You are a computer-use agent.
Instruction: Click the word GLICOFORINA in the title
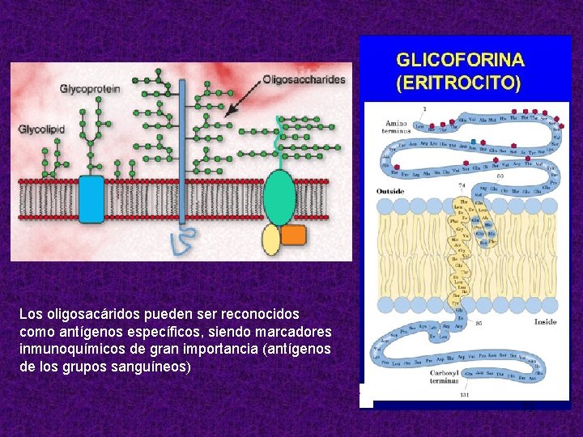click(459, 60)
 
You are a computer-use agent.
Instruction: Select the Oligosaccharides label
click(304, 79)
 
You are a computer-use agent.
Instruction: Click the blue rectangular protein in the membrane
click(91, 199)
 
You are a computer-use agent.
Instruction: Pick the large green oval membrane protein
click(279, 197)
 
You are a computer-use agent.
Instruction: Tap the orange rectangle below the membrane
click(293, 235)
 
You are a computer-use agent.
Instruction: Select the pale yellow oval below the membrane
click(271, 240)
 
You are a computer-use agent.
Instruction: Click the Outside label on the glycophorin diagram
click(390, 191)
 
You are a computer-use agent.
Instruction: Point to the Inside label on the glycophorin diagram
click(545, 321)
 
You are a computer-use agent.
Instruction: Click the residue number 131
click(464, 395)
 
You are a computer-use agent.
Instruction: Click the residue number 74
click(462, 185)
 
